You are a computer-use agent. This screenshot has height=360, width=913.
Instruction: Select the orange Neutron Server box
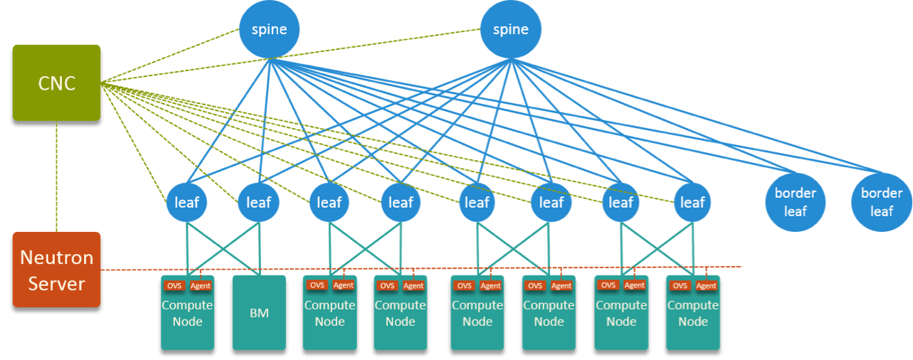[x=56, y=270]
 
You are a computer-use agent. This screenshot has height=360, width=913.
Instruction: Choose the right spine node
[x=510, y=29]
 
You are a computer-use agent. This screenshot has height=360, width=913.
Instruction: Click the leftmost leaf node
[x=187, y=202]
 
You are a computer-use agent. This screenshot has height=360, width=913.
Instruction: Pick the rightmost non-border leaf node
[x=692, y=202]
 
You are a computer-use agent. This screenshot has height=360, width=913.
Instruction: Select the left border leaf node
[x=795, y=202]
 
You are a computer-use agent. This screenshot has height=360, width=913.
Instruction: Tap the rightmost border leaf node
[x=881, y=202]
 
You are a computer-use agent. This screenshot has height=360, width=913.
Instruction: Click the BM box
[x=259, y=313]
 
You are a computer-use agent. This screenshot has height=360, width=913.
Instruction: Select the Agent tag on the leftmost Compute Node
[x=201, y=285]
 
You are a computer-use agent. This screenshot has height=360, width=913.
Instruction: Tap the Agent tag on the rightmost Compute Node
[x=706, y=286]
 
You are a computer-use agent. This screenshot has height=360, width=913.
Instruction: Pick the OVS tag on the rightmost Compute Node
[x=680, y=286]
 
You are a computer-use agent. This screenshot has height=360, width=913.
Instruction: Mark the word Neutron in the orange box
[x=56, y=258]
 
